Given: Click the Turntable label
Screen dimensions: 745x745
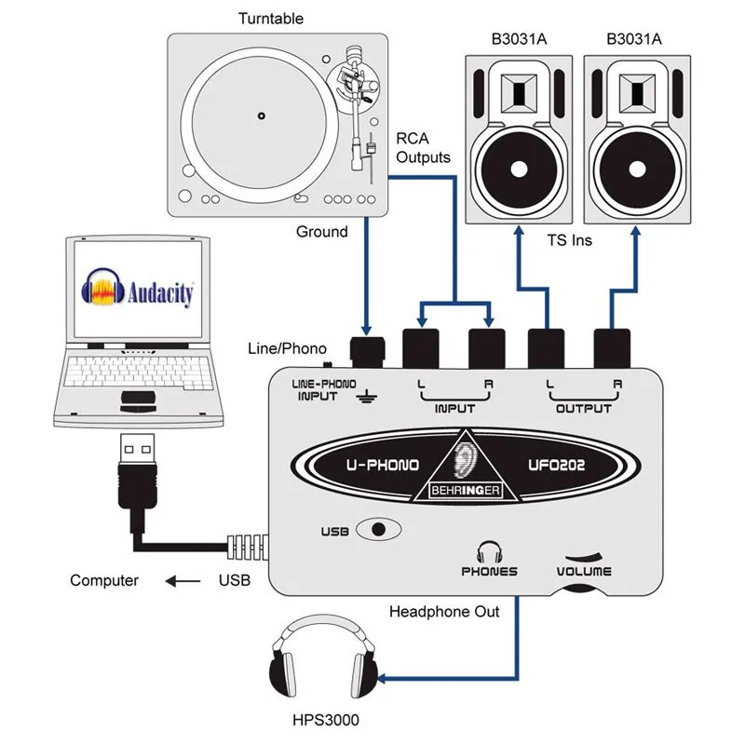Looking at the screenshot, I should pos(271,19).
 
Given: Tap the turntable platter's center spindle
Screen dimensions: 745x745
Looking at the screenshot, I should pos(262,116).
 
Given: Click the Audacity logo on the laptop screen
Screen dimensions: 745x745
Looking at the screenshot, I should pos(139,288).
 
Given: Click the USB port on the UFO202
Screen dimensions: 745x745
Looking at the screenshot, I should pos(376,530).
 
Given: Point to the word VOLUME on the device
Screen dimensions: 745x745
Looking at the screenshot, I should pos(585,571).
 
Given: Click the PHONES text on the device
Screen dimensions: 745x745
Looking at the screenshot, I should pos(490,571).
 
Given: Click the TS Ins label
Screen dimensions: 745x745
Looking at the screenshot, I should pos(569,239).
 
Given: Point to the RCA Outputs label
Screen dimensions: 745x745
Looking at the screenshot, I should pos(424,148).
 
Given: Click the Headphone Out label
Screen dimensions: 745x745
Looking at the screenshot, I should pos(444,612).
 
